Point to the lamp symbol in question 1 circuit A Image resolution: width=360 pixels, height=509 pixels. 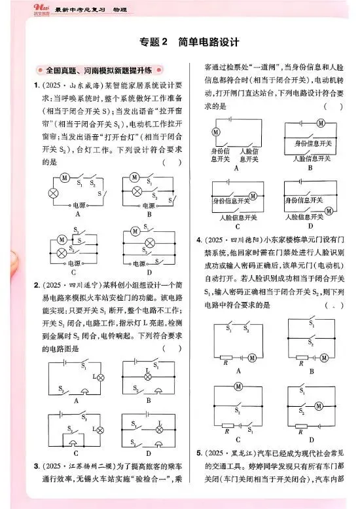(x=54, y=193)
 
